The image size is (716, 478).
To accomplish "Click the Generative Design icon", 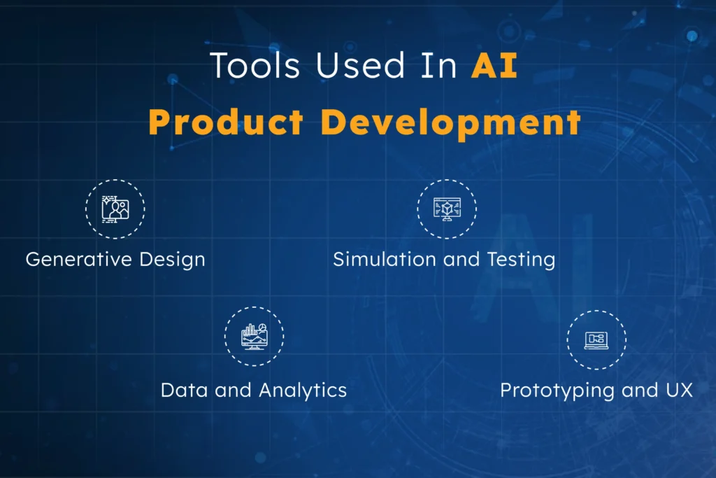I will pos(115,209).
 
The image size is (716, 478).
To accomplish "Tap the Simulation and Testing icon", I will pos(447,209).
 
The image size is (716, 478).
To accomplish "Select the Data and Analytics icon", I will pos(254,337).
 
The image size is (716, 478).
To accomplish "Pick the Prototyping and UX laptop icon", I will pos(596,339).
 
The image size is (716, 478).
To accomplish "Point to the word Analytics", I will pos(303,391).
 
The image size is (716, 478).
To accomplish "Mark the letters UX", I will pos(678,390).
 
